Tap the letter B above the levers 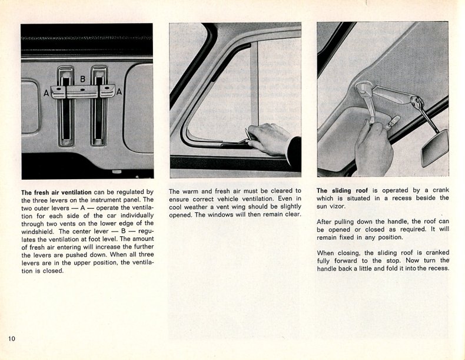(83, 79)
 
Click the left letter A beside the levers (45, 93)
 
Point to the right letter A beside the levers (119, 91)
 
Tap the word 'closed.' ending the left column (52, 271)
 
